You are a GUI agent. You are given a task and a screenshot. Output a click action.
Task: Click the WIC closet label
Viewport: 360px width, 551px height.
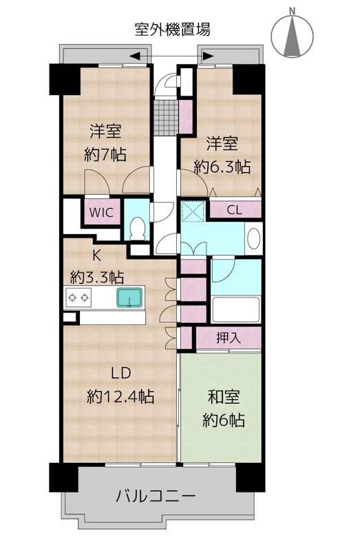[x=101, y=212]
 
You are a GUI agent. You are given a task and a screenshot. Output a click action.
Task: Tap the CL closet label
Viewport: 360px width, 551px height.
[x=234, y=210]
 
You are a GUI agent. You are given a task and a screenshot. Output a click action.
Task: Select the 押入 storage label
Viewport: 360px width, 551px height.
[x=229, y=337]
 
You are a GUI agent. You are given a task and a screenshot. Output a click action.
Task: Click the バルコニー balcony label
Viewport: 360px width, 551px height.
[x=156, y=497]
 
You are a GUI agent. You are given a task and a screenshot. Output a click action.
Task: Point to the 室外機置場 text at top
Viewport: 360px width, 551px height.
[x=173, y=30]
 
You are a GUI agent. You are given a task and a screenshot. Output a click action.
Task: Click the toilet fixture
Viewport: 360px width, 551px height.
[x=137, y=228]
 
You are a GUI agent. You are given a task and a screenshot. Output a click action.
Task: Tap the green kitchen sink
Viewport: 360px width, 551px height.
[x=129, y=298]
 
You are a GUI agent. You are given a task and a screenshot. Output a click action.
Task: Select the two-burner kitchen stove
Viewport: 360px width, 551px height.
[x=78, y=298]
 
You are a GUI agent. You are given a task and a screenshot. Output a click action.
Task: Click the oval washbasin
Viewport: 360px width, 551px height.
[x=253, y=238]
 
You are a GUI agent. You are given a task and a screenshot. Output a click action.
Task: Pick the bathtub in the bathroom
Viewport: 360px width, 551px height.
[x=236, y=309]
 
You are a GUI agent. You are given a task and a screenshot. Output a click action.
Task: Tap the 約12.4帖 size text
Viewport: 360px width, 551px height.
[x=120, y=397]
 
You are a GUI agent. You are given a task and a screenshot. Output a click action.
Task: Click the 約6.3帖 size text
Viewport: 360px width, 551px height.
[x=222, y=166]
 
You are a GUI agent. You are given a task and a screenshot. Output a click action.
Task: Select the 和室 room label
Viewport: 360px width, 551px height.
[x=224, y=397]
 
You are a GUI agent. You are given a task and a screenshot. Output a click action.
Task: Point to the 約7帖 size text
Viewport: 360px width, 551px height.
[x=105, y=154]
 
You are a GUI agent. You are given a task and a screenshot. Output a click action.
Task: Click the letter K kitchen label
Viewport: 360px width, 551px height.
[x=96, y=256]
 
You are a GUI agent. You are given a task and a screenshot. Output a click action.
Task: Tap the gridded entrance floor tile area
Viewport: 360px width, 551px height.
[x=167, y=117]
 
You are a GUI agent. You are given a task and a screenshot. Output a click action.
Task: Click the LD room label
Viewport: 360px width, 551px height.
[x=121, y=373]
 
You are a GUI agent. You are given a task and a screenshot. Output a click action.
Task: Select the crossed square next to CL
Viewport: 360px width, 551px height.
[x=193, y=211]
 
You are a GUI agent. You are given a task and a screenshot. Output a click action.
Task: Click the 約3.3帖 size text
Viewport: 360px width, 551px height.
[x=97, y=278]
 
